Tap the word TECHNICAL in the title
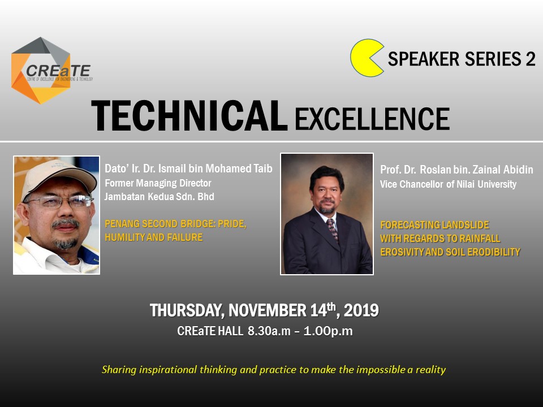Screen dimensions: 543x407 (x=189, y=116)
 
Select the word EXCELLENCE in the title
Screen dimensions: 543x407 (x=372, y=118)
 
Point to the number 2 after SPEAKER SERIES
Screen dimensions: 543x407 (x=531, y=59)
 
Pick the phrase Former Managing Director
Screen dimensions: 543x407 (x=158, y=183)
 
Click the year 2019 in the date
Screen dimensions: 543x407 (x=361, y=310)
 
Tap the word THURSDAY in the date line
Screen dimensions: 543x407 (x=185, y=311)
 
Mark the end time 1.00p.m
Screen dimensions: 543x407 (x=328, y=331)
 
